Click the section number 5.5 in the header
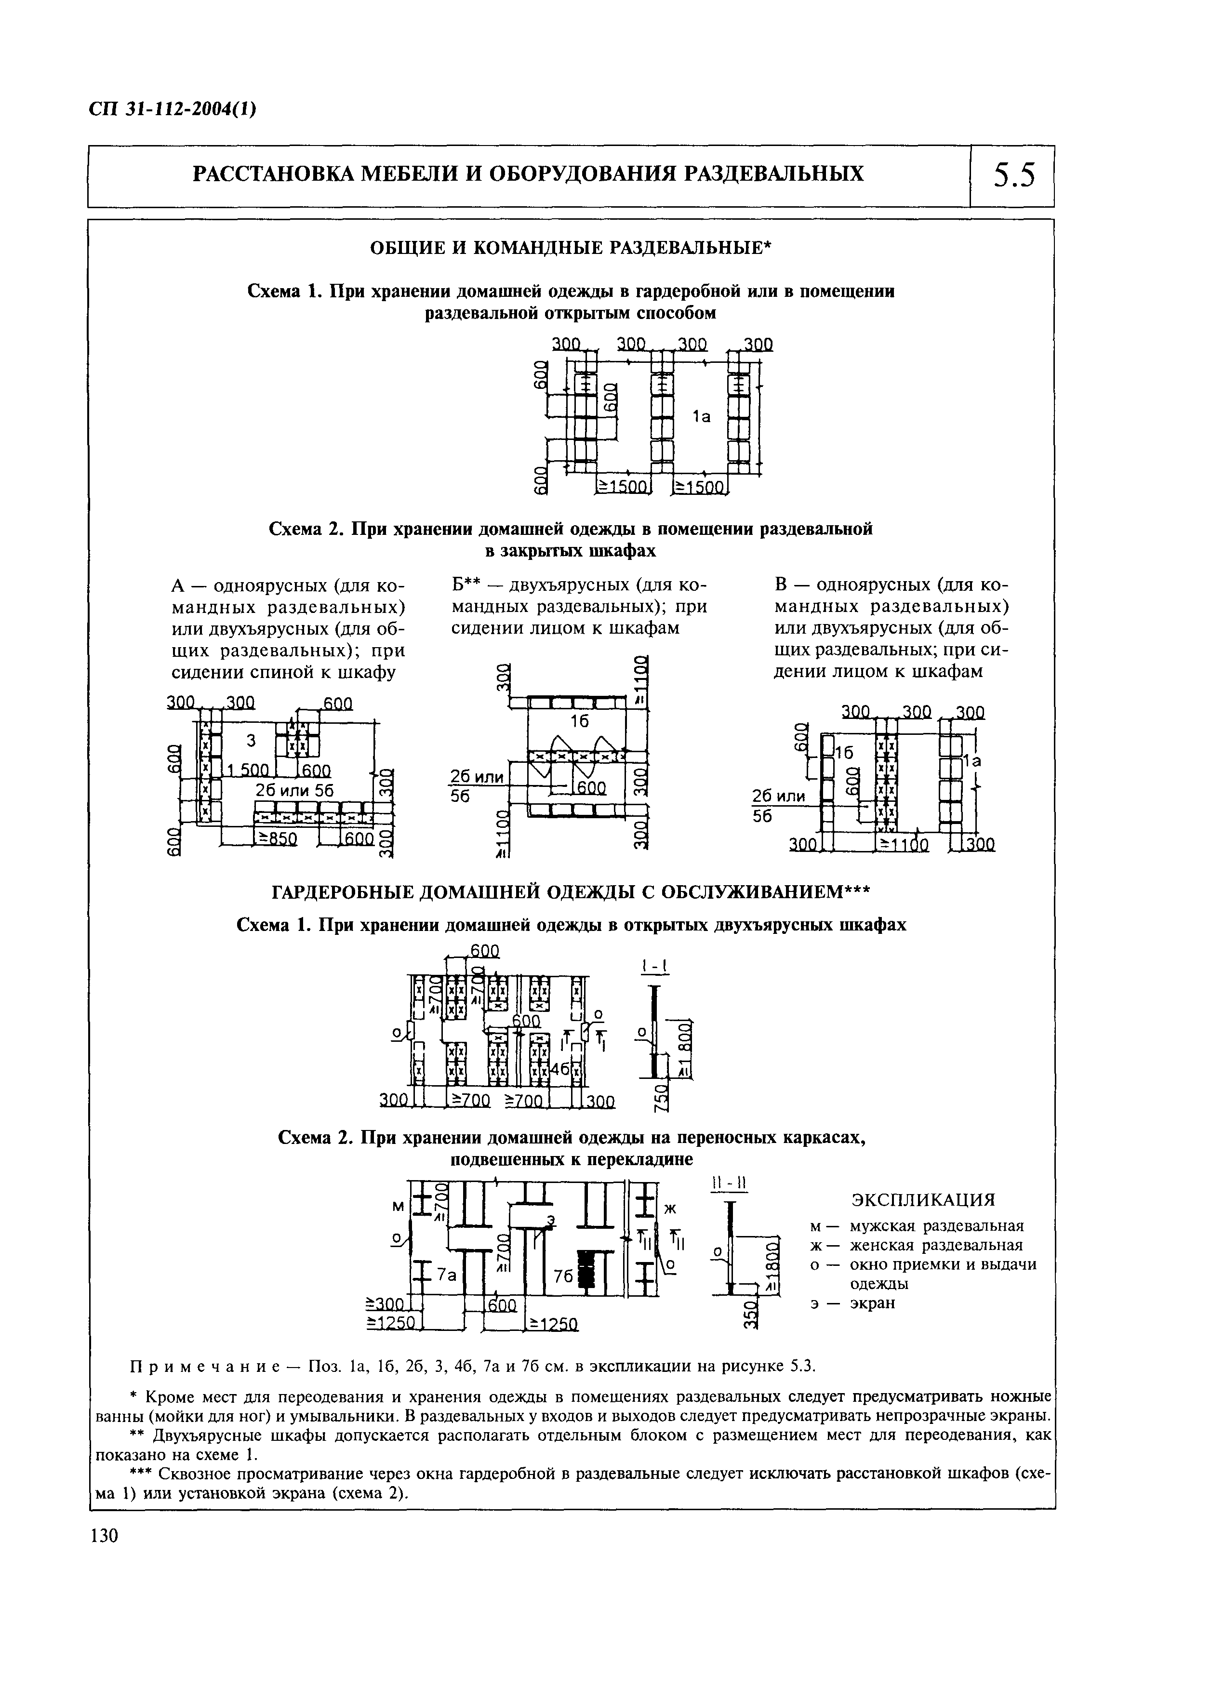pos(1013,176)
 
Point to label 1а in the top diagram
pos(702,418)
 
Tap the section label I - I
pos(654,967)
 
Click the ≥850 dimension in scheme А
pos(278,839)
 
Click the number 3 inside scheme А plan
pos(251,740)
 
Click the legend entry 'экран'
pos(872,1303)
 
